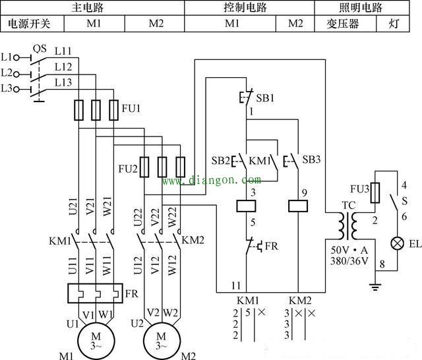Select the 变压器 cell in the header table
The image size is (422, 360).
point(342,24)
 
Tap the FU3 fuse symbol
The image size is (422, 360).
point(375,193)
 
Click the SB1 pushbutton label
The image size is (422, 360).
point(266,97)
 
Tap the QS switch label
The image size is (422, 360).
point(39,48)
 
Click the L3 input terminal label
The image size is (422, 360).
point(7,88)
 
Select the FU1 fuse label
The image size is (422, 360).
point(131,107)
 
